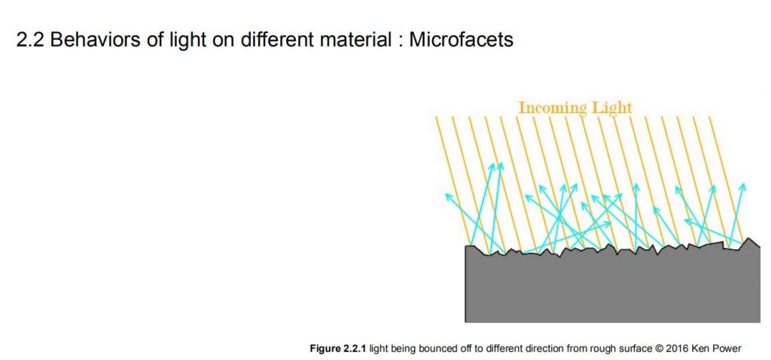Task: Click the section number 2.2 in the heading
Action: [30, 40]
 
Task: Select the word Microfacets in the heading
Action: [461, 40]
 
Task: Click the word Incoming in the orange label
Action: [553, 108]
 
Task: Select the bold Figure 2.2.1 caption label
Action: [338, 349]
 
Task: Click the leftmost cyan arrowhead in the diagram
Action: [449, 197]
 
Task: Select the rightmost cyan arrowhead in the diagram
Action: [742, 188]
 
